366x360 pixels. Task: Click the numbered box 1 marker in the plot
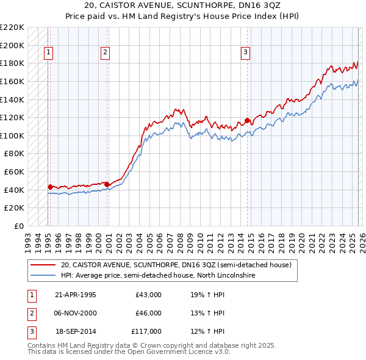[x=48, y=53]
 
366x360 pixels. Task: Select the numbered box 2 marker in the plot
[x=106, y=53]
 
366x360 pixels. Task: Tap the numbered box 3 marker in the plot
[x=245, y=53]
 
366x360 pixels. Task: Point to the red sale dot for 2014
[x=247, y=120]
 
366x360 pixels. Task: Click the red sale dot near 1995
[x=50, y=187]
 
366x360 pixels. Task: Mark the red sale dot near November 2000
[x=107, y=184]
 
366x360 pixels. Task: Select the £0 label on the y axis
[x=18, y=226]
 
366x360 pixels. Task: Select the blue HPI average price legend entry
[x=157, y=276]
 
